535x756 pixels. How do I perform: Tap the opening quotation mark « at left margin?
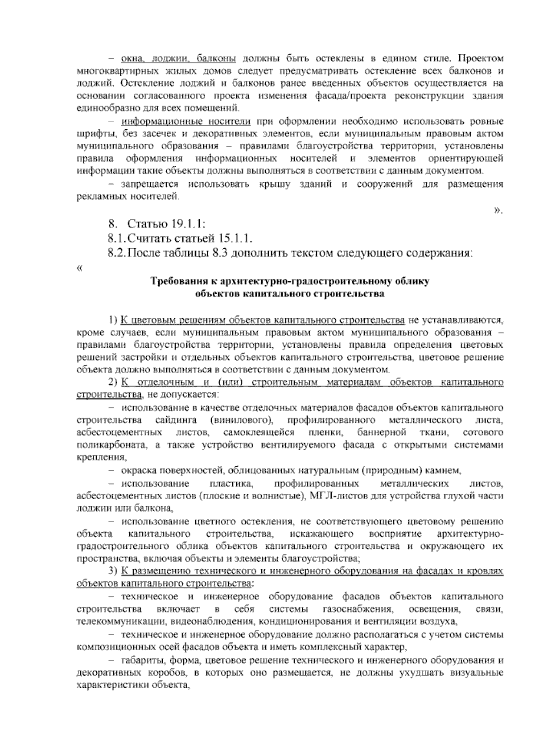coord(80,267)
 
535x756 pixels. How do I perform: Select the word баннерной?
coord(382,432)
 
